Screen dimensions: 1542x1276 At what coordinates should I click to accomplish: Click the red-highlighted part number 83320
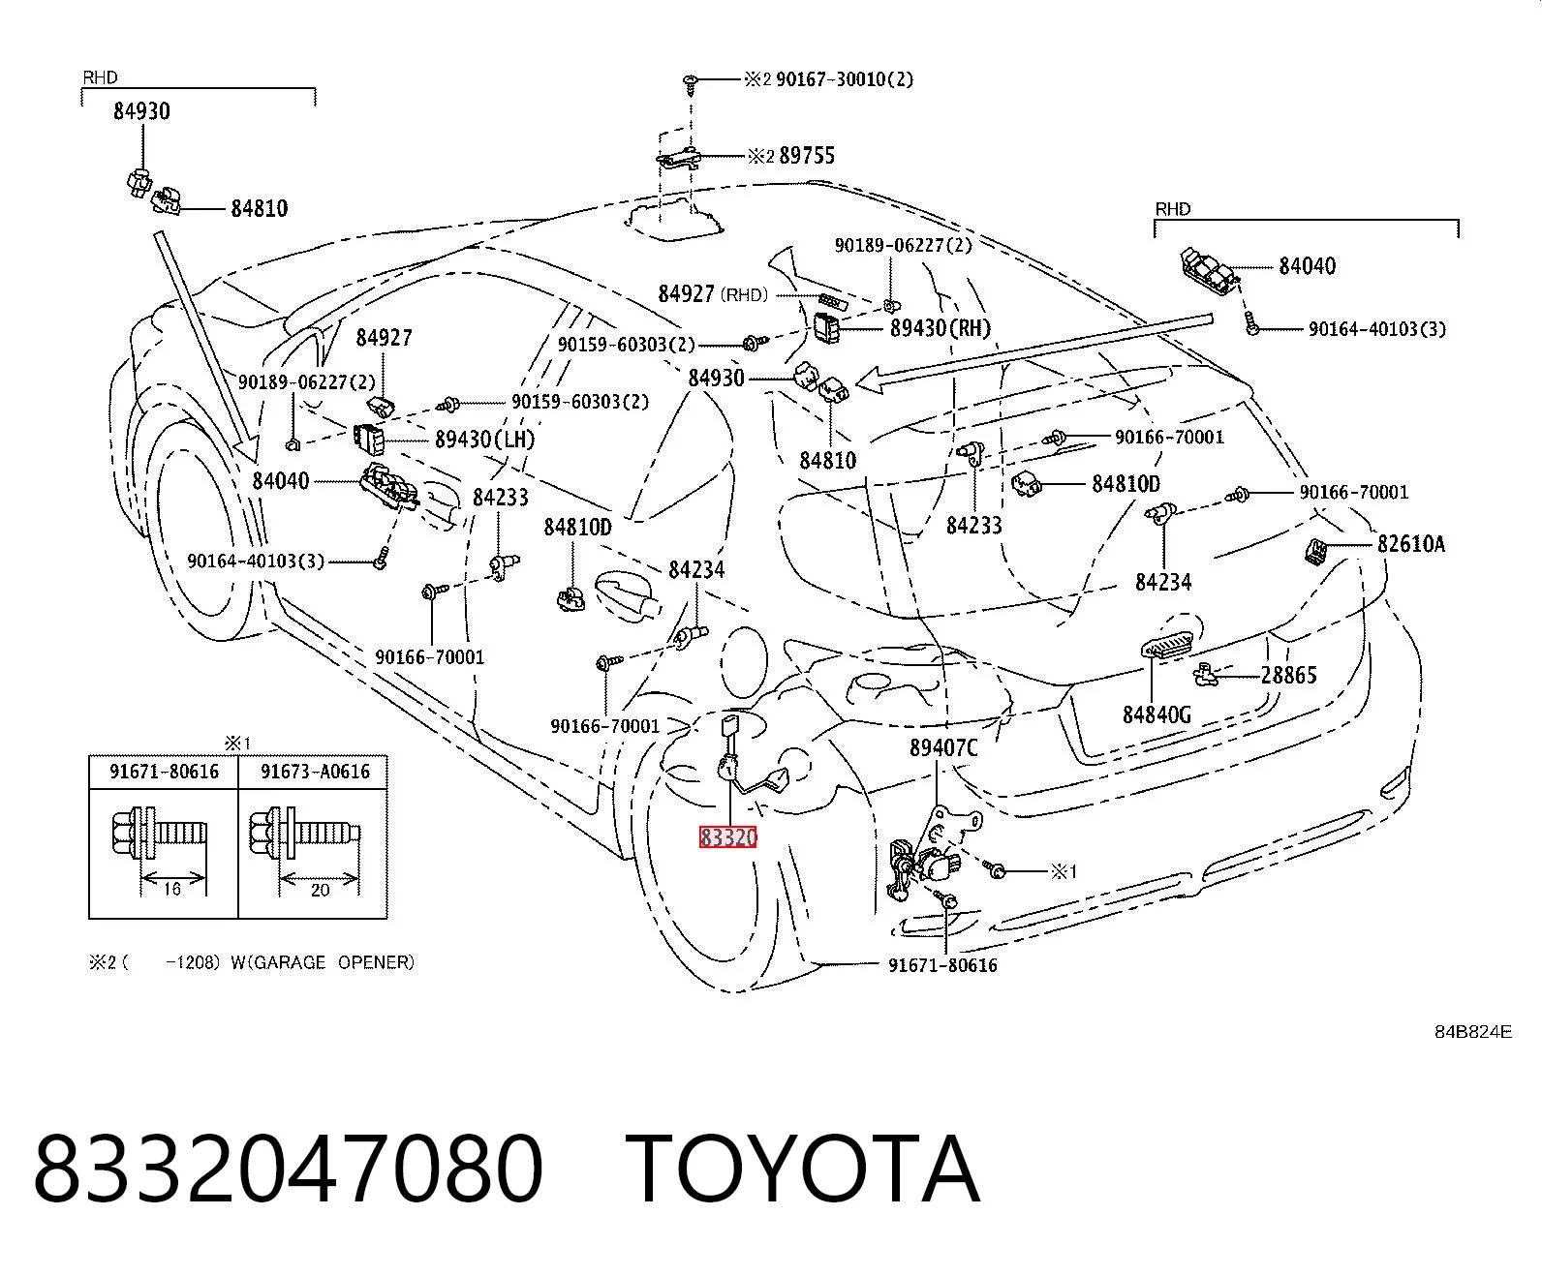point(728,837)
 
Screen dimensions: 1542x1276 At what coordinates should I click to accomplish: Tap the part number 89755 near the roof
point(807,156)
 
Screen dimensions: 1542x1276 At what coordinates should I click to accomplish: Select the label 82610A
point(1410,544)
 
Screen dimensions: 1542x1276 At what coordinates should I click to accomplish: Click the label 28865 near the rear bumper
point(1288,675)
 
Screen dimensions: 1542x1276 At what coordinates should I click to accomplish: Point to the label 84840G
point(1157,714)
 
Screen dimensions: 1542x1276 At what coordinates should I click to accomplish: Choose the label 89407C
point(943,748)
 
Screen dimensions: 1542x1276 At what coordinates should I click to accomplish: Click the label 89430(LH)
point(484,440)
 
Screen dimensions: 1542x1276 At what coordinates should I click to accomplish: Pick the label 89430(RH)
point(941,328)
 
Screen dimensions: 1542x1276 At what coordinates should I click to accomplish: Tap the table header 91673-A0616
point(315,772)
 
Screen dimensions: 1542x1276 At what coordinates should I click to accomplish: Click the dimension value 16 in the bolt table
point(171,889)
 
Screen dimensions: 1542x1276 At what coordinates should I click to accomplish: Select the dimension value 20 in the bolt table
point(320,890)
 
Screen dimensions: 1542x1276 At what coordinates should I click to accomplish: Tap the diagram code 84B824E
point(1472,1032)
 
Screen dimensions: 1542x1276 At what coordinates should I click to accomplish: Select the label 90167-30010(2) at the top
point(844,79)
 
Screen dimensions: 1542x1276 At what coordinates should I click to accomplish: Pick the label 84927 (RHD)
point(713,294)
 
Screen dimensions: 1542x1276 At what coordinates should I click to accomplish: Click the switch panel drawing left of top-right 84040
point(1210,272)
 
